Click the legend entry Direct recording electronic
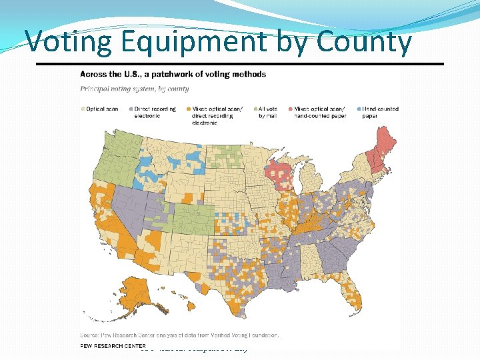tap(154, 112)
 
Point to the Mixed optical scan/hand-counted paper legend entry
tap(320, 112)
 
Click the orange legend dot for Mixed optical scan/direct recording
tap(189, 109)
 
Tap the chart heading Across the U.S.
tap(173, 74)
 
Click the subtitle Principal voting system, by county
tap(135, 89)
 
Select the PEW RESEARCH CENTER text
tap(113, 346)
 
